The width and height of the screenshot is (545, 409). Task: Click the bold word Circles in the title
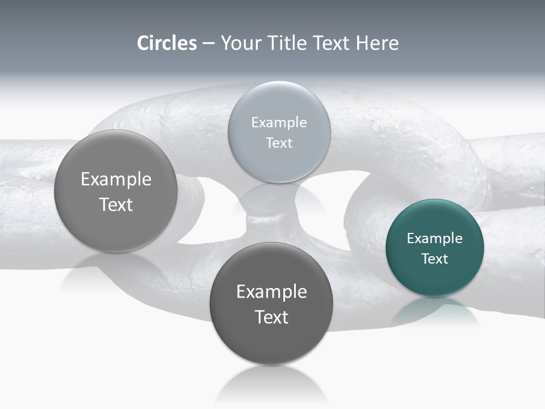tap(167, 43)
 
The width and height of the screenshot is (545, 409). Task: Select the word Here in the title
tap(377, 43)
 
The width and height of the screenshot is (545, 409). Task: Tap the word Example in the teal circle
tap(435, 239)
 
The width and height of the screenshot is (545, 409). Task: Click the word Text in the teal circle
tap(435, 259)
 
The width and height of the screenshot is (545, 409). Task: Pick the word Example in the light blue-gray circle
tap(279, 123)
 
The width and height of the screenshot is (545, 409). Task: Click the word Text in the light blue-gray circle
tap(279, 143)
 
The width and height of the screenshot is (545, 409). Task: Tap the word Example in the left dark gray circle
tap(116, 180)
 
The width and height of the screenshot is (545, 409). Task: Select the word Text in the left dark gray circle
tap(116, 204)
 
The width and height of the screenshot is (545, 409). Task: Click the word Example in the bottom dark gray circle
tap(271, 292)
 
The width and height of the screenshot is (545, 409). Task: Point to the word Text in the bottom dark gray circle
tap(271, 317)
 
